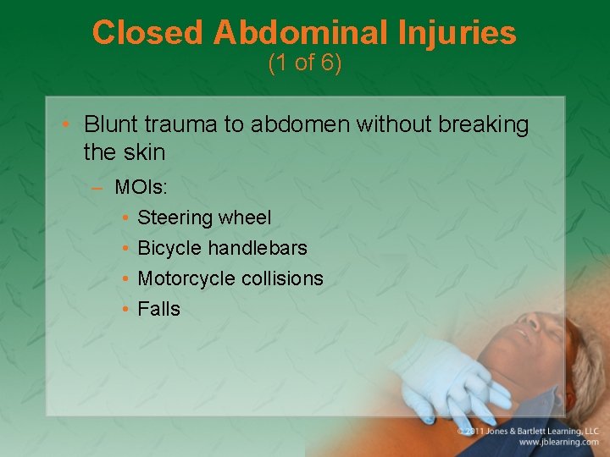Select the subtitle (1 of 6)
[304, 63]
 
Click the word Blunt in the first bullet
[110, 125]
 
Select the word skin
[147, 153]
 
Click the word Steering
[174, 218]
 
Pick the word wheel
[244, 217]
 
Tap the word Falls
[158, 309]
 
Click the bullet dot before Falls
[125, 310]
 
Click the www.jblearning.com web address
[558, 442]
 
